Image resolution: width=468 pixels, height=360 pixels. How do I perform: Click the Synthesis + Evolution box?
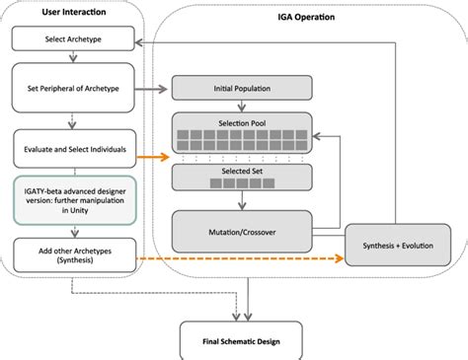[401, 244]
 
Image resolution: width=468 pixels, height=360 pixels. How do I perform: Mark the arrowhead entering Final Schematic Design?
[238, 317]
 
